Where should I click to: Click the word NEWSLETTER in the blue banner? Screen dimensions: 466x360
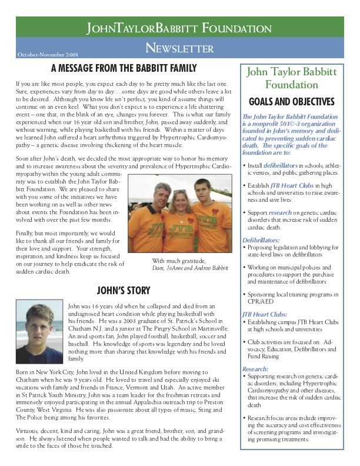pos(179,48)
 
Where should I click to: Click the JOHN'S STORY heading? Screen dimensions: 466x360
pos(124,290)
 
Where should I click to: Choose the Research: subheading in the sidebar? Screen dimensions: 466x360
pos(255,368)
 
